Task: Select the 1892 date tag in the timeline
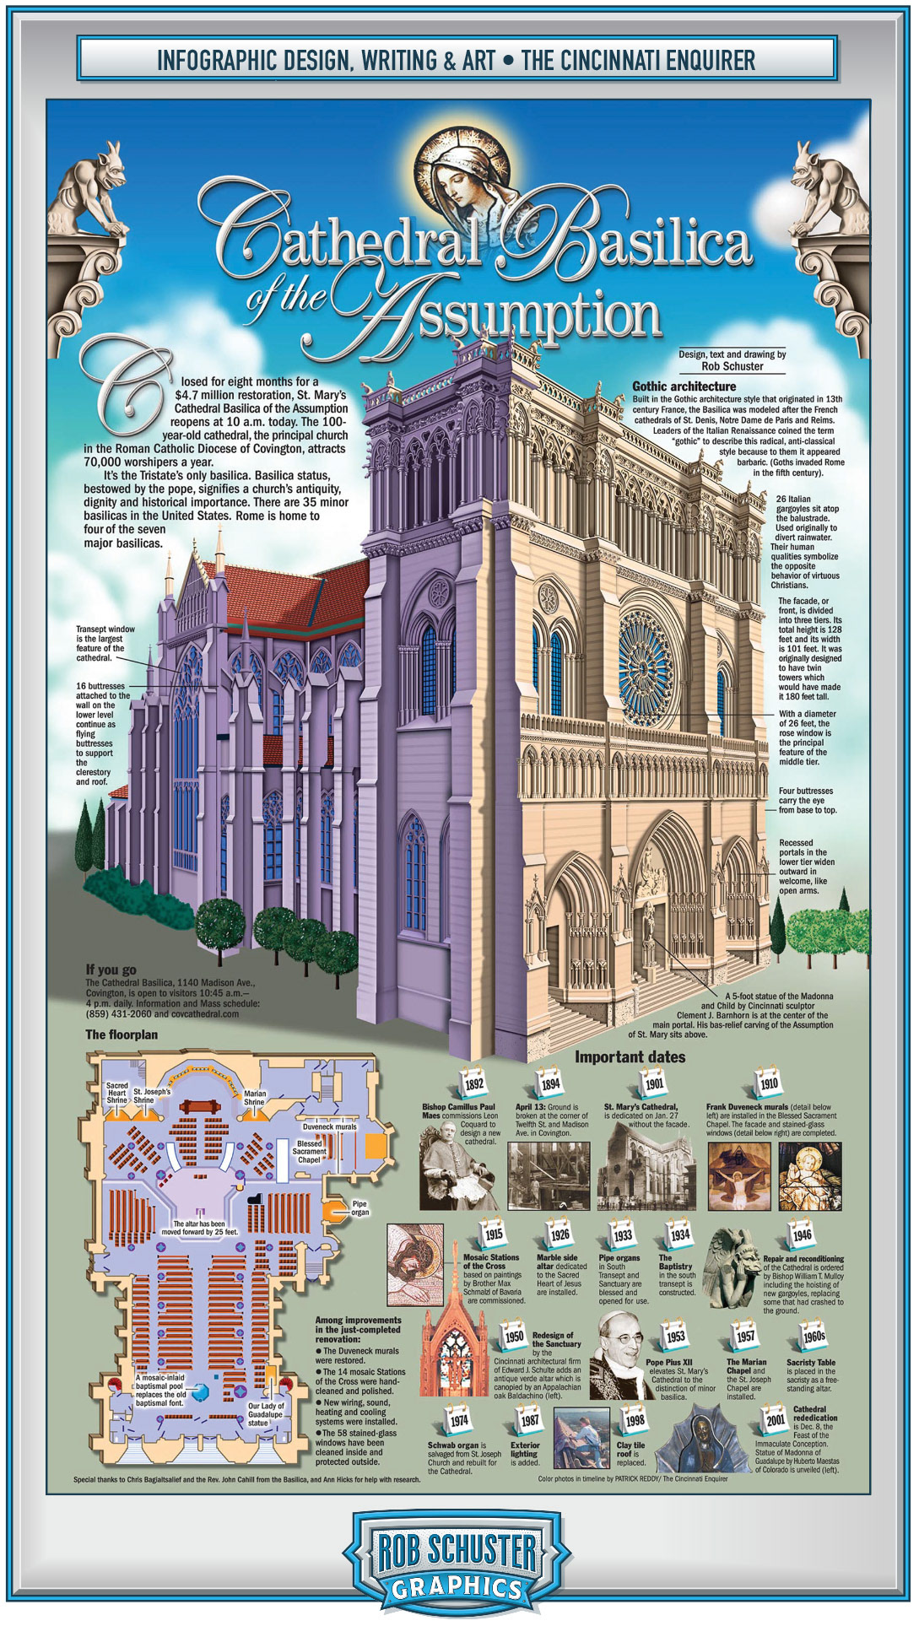click(474, 1083)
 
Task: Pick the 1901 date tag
click(654, 1083)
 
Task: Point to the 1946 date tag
click(802, 1234)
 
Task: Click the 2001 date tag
click(776, 1419)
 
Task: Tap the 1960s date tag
click(814, 1336)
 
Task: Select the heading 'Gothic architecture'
click(684, 386)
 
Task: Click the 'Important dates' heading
click(630, 1057)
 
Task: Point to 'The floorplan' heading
click(121, 1034)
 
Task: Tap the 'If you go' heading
click(111, 970)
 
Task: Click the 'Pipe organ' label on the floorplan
click(359, 1208)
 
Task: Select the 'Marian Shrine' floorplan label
click(254, 1098)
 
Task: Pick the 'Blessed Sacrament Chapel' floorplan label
click(309, 1152)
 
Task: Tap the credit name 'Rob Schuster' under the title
click(732, 366)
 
